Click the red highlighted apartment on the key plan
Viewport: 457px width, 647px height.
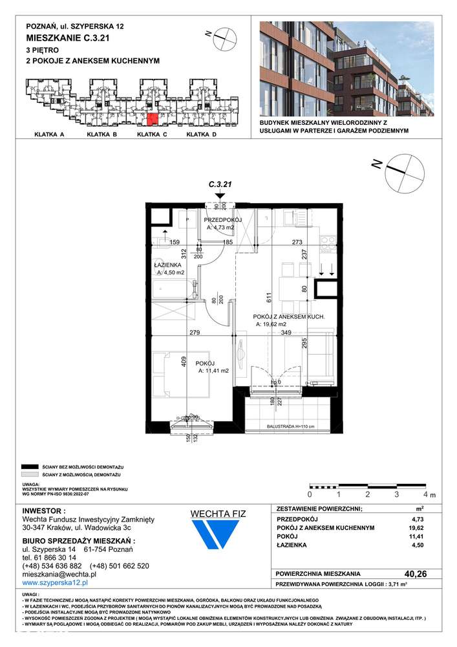click(x=151, y=120)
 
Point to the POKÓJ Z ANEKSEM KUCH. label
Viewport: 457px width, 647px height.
click(x=288, y=317)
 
